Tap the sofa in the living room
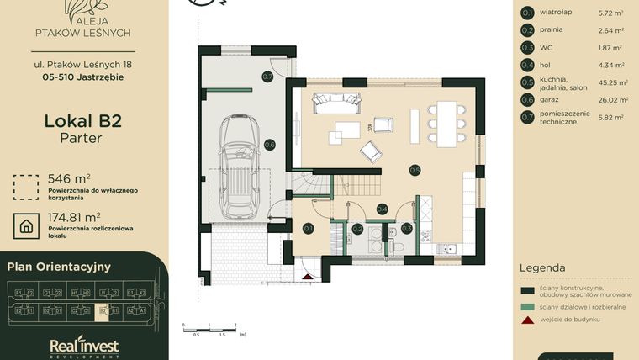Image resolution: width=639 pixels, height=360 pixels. (x=335, y=104)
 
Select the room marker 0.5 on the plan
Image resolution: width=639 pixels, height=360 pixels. (x=415, y=170)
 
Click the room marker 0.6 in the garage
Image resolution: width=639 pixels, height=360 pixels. (x=270, y=145)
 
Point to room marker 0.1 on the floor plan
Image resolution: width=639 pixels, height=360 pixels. (x=308, y=228)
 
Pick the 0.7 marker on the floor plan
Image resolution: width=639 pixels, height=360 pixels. (x=267, y=77)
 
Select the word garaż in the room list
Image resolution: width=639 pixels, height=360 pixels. (x=551, y=99)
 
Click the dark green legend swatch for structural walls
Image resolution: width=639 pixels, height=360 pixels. (x=527, y=290)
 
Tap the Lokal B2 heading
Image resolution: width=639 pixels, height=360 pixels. (x=82, y=120)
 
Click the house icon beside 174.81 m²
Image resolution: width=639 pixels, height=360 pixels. (x=27, y=225)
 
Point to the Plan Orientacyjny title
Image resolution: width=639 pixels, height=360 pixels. (x=59, y=267)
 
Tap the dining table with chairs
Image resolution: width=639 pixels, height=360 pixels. (x=446, y=124)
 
